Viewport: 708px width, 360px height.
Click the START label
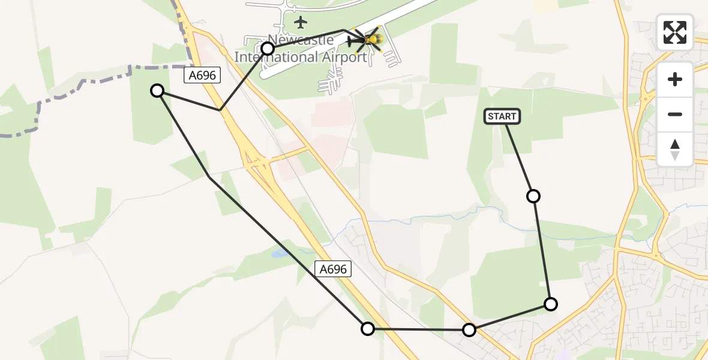click(502, 116)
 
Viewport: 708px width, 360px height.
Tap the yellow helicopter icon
click(371, 40)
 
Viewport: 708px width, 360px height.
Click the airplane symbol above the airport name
click(301, 23)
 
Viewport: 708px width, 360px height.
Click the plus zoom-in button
click(675, 79)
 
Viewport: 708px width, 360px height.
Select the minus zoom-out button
click(675, 114)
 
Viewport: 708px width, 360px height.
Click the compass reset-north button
click(675, 149)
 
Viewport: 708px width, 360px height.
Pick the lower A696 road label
click(333, 269)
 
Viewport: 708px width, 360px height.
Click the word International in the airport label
click(277, 58)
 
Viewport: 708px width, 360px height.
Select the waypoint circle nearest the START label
click(533, 196)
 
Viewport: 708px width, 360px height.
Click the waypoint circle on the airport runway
click(268, 49)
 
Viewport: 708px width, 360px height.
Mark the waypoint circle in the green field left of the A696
click(157, 91)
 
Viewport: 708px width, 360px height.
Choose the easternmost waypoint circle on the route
click(550, 304)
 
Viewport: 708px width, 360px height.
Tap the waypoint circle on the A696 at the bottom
click(368, 328)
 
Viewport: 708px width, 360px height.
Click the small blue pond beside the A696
click(278, 254)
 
